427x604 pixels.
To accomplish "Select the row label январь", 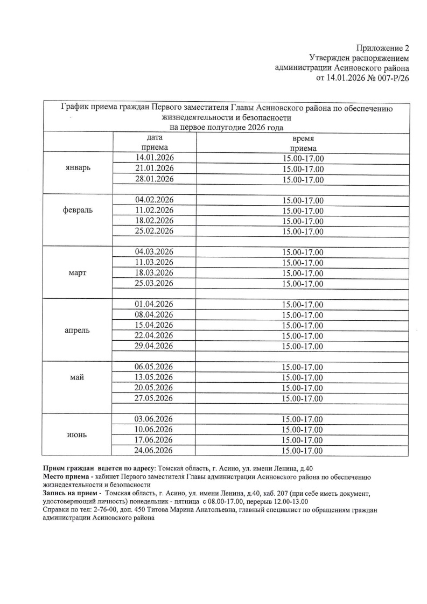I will coord(78,168).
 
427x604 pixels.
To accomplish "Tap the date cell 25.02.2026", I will coord(154,231).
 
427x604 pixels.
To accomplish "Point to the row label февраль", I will coord(78,210).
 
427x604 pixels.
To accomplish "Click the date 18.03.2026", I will coord(154,273).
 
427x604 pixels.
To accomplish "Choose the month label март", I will coord(78,273).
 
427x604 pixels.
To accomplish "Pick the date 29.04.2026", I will coord(154,346).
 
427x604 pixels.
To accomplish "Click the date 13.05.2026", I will coord(154,377).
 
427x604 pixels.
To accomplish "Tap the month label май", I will coord(78,377).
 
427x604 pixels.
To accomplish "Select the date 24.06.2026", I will coord(154,451).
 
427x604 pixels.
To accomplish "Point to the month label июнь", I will coord(78,434).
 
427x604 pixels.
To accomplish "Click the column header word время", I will coord(303,139).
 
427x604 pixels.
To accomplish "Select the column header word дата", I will coord(155,138).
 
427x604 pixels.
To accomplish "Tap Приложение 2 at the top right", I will coord(382,48).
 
